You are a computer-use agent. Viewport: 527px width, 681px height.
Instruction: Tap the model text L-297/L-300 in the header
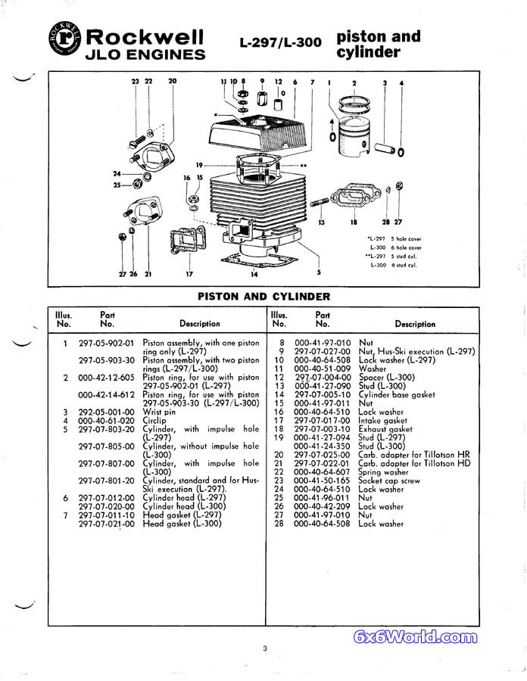coord(280,43)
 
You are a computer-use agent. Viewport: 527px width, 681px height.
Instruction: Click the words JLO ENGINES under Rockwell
coord(145,54)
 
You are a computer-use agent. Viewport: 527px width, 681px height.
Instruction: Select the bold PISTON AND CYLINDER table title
coord(263,297)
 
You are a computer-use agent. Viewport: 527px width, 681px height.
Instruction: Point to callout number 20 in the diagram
coord(172,81)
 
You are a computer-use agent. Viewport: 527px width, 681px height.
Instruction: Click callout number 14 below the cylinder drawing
coord(254,274)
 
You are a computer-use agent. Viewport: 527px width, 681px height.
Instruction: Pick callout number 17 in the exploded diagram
coord(189,274)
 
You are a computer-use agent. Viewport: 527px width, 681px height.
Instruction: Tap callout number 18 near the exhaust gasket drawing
coord(353,223)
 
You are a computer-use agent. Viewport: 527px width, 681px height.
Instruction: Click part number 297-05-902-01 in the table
coord(106,343)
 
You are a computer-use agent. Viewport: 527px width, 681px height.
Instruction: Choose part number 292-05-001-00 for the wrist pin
coord(106,412)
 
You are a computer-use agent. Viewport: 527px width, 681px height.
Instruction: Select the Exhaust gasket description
coord(385,429)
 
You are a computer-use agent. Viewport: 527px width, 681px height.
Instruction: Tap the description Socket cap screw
coord(388,480)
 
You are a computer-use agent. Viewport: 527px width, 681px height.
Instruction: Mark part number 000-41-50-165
coord(322,480)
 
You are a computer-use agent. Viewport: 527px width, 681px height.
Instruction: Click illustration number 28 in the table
coord(279,524)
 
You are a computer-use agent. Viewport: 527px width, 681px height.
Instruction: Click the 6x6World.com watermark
coord(416,637)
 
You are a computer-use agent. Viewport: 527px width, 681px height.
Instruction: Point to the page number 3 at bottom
coord(265,648)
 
